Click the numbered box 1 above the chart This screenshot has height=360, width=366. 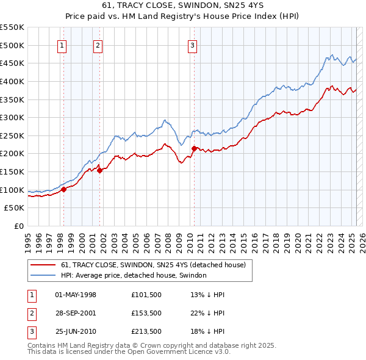click(63, 45)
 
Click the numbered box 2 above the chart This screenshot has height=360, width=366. click(98, 45)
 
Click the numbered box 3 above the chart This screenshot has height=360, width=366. click(192, 45)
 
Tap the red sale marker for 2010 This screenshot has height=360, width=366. click(194, 148)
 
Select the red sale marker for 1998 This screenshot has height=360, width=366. click(63, 189)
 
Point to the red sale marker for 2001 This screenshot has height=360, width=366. click(99, 170)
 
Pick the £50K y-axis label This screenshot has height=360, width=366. click(15, 208)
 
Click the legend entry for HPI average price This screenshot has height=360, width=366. click(134, 275)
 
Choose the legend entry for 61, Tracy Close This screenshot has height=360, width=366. click(152, 265)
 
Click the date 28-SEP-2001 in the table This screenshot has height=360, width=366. click(76, 313)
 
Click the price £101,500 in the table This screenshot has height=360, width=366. click(146, 295)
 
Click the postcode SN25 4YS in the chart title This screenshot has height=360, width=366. click(251, 7)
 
